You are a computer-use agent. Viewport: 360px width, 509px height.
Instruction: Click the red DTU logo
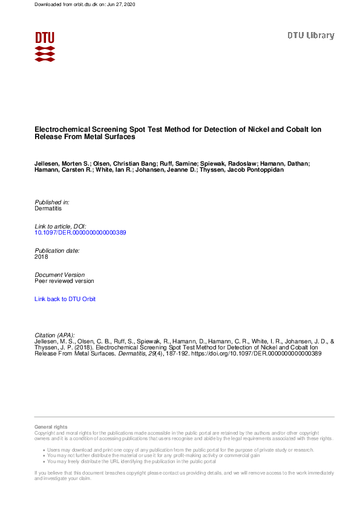coord(45,46)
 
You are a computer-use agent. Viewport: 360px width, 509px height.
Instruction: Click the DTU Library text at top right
coord(310,35)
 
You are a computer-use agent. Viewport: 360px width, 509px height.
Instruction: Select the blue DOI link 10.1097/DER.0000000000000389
coord(80,232)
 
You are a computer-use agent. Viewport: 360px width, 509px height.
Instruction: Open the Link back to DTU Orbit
coord(65,299)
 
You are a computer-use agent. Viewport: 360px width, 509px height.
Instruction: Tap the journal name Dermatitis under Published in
coord(48,208)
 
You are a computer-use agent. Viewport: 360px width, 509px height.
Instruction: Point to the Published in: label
coord(52,202)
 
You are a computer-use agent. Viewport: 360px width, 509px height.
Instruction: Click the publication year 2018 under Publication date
coord(42,256)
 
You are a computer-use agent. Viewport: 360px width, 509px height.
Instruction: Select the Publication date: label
coord(57,250)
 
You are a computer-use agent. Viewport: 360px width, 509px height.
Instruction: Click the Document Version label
coord(59,274)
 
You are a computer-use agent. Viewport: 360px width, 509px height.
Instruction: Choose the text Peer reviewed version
coord(64,280)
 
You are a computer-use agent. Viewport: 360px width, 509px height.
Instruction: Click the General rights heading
coord(51,427)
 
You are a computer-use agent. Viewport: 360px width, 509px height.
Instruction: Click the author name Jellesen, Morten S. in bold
coord(62,164)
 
